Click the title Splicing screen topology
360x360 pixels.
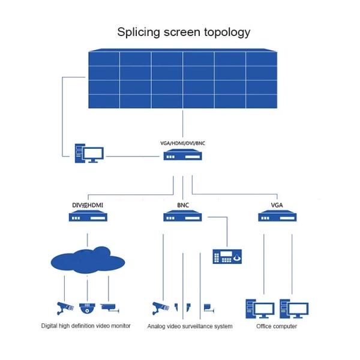(x=184, y=32)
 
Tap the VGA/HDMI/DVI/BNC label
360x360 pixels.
(x=183, y=143)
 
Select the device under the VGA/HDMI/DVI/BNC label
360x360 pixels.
(x=183, y=155)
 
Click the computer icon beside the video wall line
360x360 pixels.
(x=89, y=153)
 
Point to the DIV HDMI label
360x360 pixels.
(x=88, y=205)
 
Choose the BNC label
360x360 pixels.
(x=183, y=205)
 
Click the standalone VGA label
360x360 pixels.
(x=277, y=205)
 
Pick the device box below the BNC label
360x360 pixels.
(x=182, y=216)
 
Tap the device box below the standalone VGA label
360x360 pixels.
(x=277, y=216)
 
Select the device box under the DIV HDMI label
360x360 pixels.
(x=88, y=216)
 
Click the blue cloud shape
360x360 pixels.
(x=88, y=260)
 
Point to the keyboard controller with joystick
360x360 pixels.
(x=227, y=256)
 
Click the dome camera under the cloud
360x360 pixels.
(x=87, y=308)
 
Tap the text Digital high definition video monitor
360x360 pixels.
(x=86, y=326)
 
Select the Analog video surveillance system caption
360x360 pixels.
(x=190, y=326)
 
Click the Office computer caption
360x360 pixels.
(x=277, y=326)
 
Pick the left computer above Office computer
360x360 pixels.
(x=260, y=308)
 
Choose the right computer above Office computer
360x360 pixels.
(x=294, y=308)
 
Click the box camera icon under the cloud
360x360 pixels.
(x=110, y=308)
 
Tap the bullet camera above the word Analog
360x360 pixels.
(x=160, y=308)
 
